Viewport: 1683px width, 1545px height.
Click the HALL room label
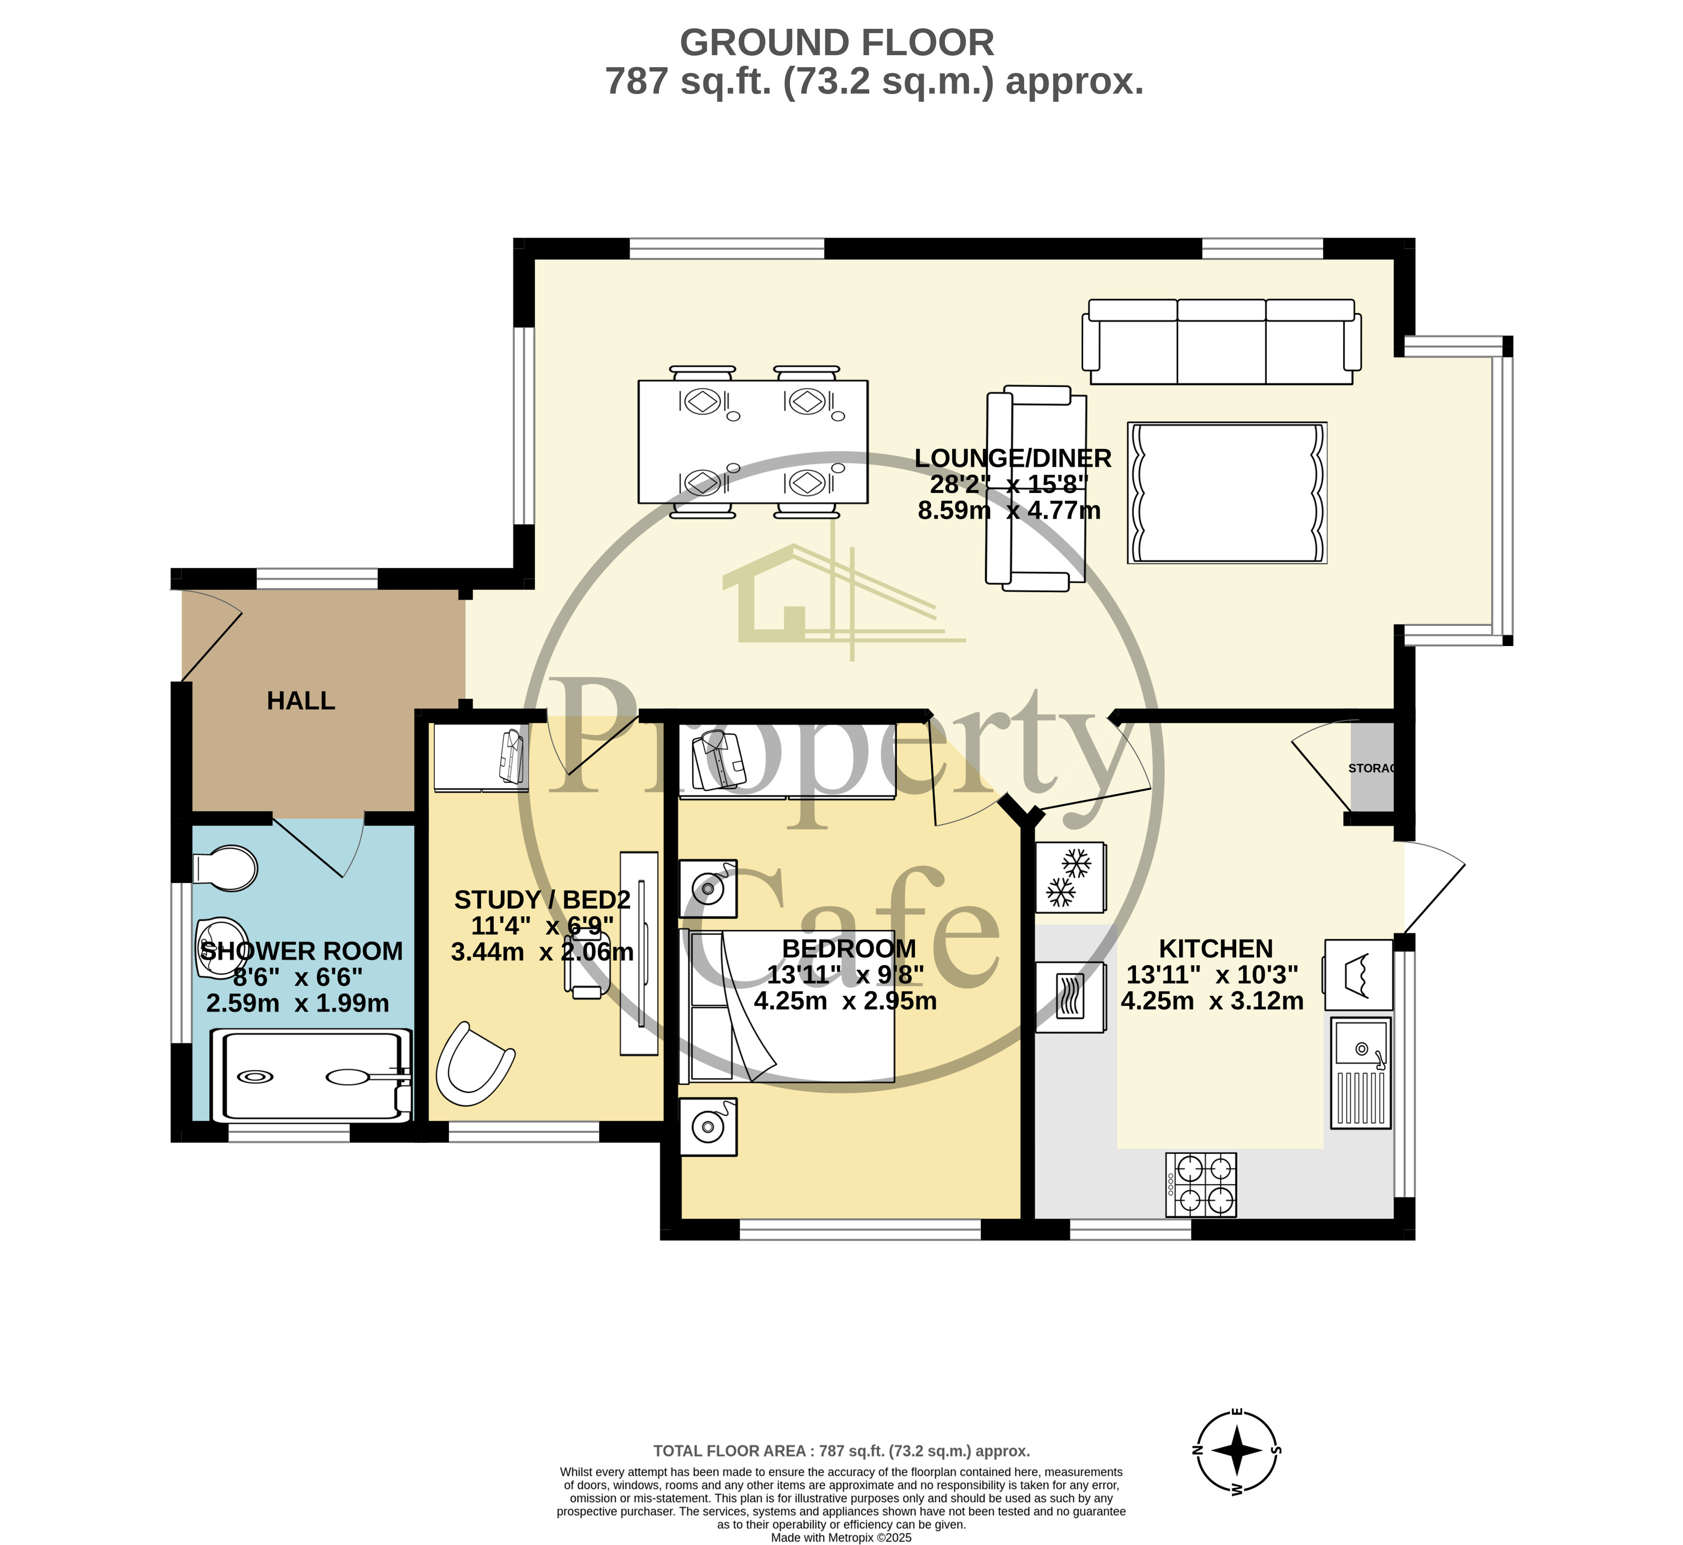(301, 701)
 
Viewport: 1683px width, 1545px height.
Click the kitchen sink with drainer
(1361, 1073)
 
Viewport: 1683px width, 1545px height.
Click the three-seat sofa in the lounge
(1221, 341)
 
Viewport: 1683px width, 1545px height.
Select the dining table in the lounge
(752, 442)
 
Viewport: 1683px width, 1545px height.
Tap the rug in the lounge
(1227, 492)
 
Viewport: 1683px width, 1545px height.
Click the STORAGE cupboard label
(1371, 767)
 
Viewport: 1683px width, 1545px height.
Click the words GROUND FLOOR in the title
(837, 43)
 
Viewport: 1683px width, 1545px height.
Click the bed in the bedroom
(790, 1006)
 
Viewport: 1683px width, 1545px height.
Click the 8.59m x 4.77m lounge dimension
(1009, 510)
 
